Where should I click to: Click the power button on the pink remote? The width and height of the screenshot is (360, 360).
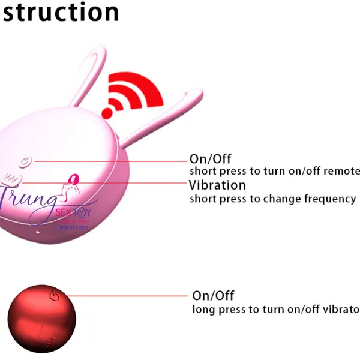[25, 161]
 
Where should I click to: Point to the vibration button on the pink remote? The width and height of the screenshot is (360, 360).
[11, 178]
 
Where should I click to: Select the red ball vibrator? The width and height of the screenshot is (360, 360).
[42, 318]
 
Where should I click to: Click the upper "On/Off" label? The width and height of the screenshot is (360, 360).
[210, 159]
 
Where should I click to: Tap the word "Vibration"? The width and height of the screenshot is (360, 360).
[217, 185]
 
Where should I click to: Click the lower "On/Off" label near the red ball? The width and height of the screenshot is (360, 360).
[213, 296]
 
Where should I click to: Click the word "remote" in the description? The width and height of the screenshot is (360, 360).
[341, 171]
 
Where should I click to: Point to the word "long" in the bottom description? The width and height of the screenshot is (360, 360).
[203, 310]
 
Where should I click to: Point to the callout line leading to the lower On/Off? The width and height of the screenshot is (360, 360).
[126, 296]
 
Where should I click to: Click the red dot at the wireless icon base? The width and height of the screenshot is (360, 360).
[109, 112]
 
